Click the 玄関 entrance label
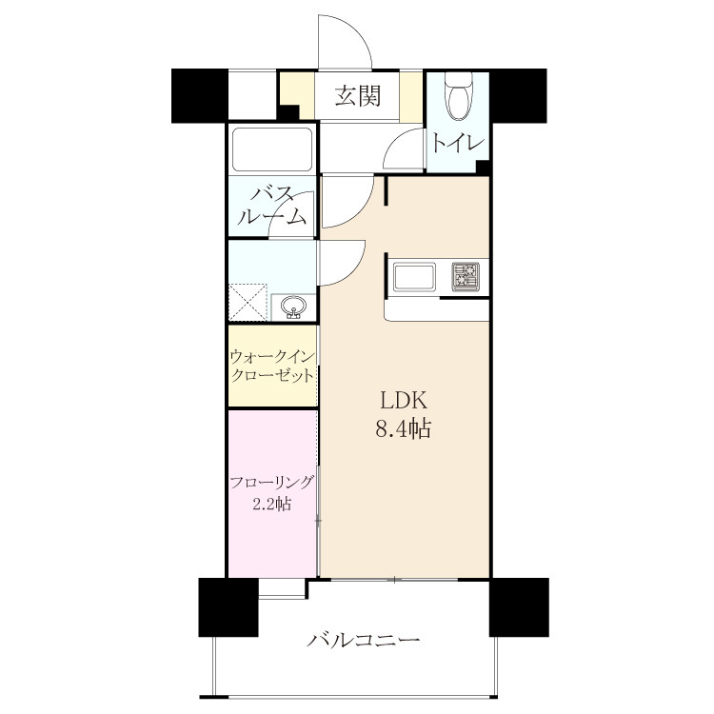[x=357, y=96]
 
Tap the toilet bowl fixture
[x=459, y=97]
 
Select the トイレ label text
[x=457, y=144]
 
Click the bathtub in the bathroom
[x=272, y=149]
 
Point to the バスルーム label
[x=272, y=207]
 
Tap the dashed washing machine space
[x=248, y=303]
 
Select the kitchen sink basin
[x=414, y=277]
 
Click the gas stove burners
[x=466, y=277]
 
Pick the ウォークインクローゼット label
[x=272, y=367]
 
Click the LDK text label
[x=404, y=402]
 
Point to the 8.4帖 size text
[x=403, y=428]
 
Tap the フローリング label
[x=272, y=483]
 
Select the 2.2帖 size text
[x=272, y=504]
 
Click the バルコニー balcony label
[x=363, y=641]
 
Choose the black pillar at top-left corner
[x=200, y=95]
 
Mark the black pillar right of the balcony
[x=519, y=607]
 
